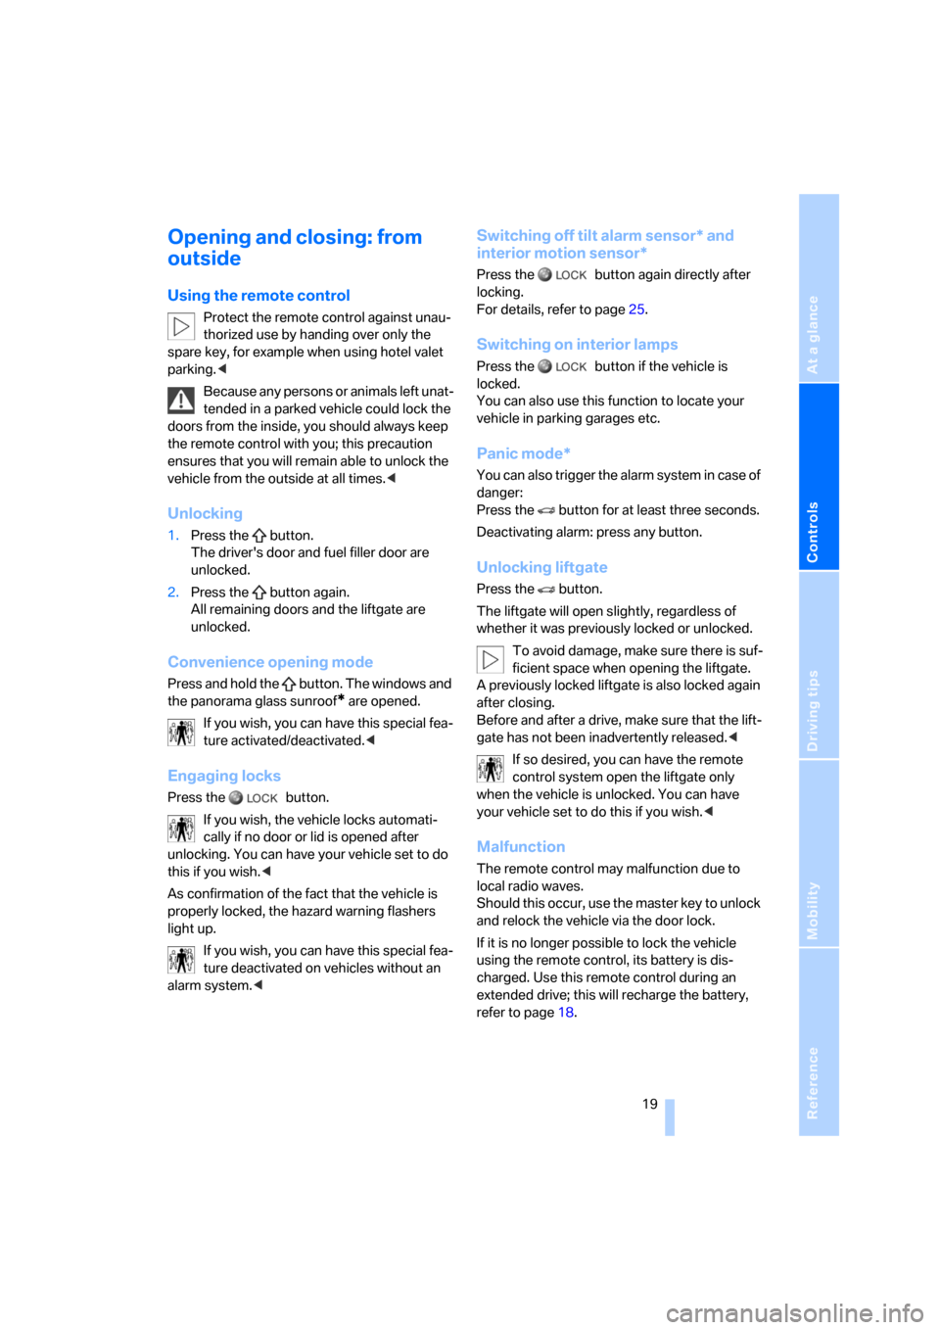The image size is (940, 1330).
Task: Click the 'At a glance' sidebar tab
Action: pos(812,334)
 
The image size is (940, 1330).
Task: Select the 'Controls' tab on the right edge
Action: pos(812,532)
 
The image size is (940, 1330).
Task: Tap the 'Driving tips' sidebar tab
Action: pos(812,710)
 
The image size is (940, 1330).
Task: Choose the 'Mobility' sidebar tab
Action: pos(812,910)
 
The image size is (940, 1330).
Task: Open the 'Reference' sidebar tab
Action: pos(812,1082)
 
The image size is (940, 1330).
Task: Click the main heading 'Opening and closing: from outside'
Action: pos(294,247)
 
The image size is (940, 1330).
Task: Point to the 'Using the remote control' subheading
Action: pos(258,295)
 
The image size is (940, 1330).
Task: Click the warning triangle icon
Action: pos(180,401)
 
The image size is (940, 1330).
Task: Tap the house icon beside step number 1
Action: pos(259,535)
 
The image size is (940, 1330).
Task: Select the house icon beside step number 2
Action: pos(259,592)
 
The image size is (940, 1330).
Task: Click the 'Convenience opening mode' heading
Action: pos(270,662)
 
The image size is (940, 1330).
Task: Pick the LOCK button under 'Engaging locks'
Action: pos(254,798)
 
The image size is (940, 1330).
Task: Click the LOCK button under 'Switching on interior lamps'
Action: pos(562,366)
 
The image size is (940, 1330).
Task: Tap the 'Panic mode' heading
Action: pos(523,453)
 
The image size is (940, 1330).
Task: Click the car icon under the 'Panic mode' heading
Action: pos(546,509)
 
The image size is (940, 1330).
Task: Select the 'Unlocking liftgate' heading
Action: pos(541,567)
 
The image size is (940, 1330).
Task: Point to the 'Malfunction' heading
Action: pos(520,847)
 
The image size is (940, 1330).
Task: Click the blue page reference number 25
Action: pos(636,309)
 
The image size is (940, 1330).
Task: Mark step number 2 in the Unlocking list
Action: pos(173,592)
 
